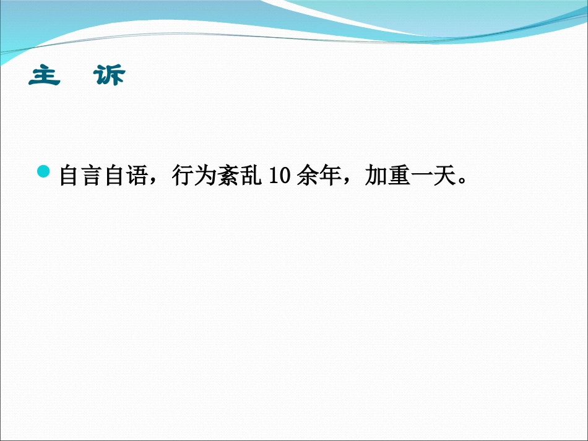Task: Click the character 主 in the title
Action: tap(45, 76)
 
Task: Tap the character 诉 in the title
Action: tap(109, 76)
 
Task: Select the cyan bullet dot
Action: tap(44, 171)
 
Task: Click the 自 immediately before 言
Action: tap(70, 176)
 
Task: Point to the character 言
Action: tap(93, 176)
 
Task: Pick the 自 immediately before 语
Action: tap(116, 176)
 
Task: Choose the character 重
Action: tap(397, 176)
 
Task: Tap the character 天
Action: tap(443, 176)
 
